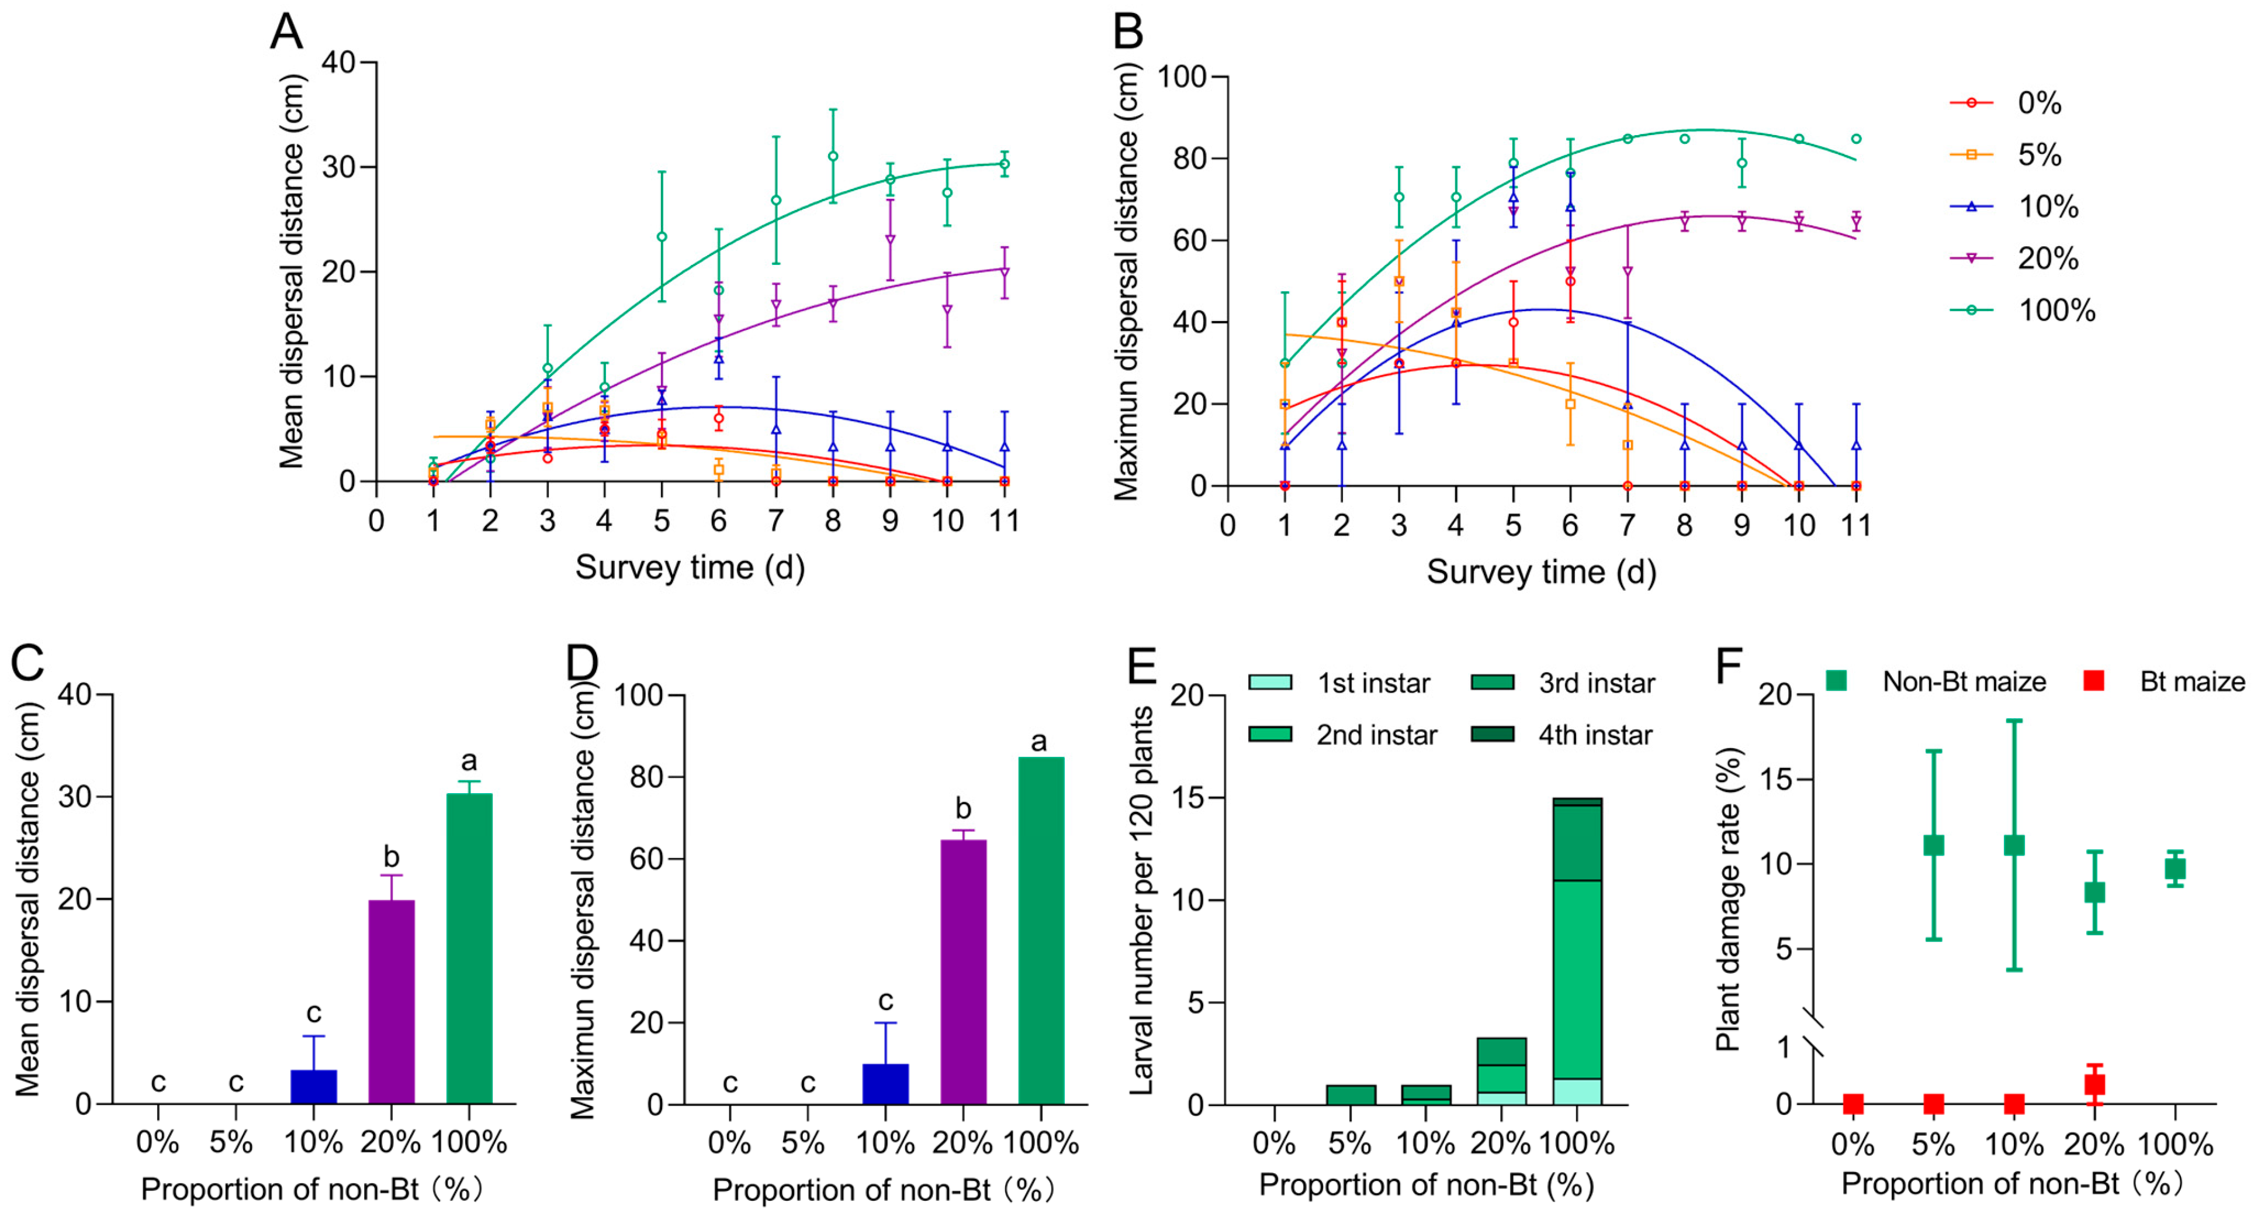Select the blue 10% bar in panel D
pos(885,1084)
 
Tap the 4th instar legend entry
pos(1562,735)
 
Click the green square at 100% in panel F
pos(2175,869)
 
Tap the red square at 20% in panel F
pos(2094,1084)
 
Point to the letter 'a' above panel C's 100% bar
pos(469,761)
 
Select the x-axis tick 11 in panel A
pos(1003,522)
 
